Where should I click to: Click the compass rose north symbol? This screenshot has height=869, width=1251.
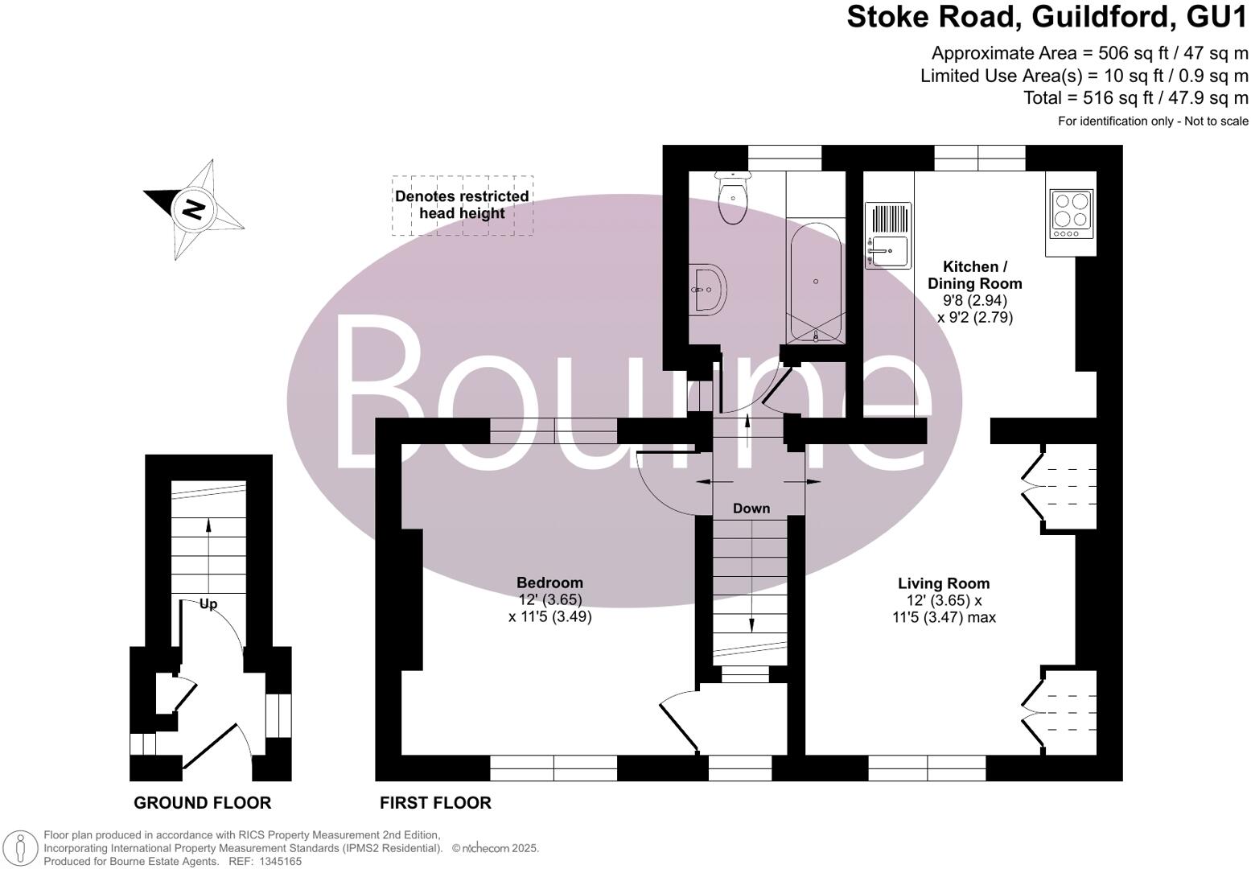click(193, 209)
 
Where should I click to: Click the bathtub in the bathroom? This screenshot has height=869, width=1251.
click(816, 282)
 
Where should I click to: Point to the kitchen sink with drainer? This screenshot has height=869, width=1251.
click(887, 235)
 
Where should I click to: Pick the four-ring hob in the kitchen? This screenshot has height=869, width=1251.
click(1072, 213)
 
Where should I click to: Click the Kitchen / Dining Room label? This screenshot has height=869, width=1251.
click(974, 275)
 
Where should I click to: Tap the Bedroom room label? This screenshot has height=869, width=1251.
click(549, 583)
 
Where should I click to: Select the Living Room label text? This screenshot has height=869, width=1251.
click(944, 583)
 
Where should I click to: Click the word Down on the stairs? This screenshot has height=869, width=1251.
click(751, 509)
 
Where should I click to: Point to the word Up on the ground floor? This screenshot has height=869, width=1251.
click(208, 604)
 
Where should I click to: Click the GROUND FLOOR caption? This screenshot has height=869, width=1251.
click(202, 803)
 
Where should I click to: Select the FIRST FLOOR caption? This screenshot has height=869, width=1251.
click(435, 803)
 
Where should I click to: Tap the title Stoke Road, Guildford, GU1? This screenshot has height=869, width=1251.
click(1047, 17)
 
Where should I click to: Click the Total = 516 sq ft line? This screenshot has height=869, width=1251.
click(1135, 98)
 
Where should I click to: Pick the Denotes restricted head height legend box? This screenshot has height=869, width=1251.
click(463, 205)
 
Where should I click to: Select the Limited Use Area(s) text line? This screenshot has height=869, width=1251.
click(1084, 76)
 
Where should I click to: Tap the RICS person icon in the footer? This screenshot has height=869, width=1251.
click(23, 848)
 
